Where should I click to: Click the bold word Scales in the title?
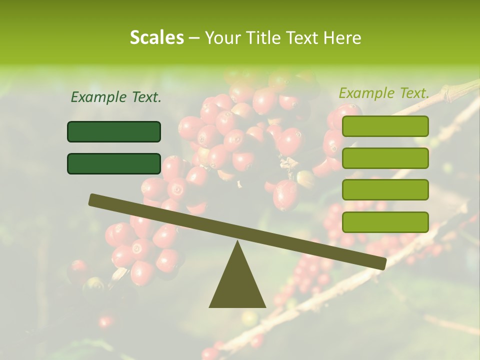(157, 38)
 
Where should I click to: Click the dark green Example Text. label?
(116, 97)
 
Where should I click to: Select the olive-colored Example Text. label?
(384, 93)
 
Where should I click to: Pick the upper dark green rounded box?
(114, 131)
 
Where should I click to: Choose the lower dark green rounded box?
(114, 163)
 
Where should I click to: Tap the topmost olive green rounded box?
(385, 126)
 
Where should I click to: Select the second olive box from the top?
(385, 158)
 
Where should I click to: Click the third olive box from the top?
(385, 190)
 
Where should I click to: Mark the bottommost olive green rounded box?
(385, 222)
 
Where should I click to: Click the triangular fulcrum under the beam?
(237, 285)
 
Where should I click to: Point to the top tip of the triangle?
(237, 242)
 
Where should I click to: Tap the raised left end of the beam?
(93, 199)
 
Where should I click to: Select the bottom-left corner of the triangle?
(210, 306)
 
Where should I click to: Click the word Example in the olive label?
(366, 93)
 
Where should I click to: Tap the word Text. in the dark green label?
(146, 97)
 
